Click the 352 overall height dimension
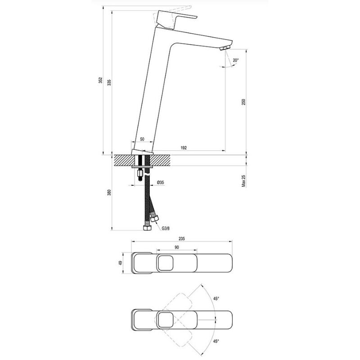(x=100, y=81)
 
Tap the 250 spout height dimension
(x=243, y=102)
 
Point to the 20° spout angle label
(x=236, y=60)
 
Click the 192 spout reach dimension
(x=183, y=147)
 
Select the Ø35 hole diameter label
(x=160, y=182)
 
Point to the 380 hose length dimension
(x=109, y=193)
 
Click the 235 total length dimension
(x=182, y=238)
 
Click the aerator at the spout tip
(x=225, y=47)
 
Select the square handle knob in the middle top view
(x=165, y=262)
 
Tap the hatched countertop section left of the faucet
(x=124, y=160)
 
